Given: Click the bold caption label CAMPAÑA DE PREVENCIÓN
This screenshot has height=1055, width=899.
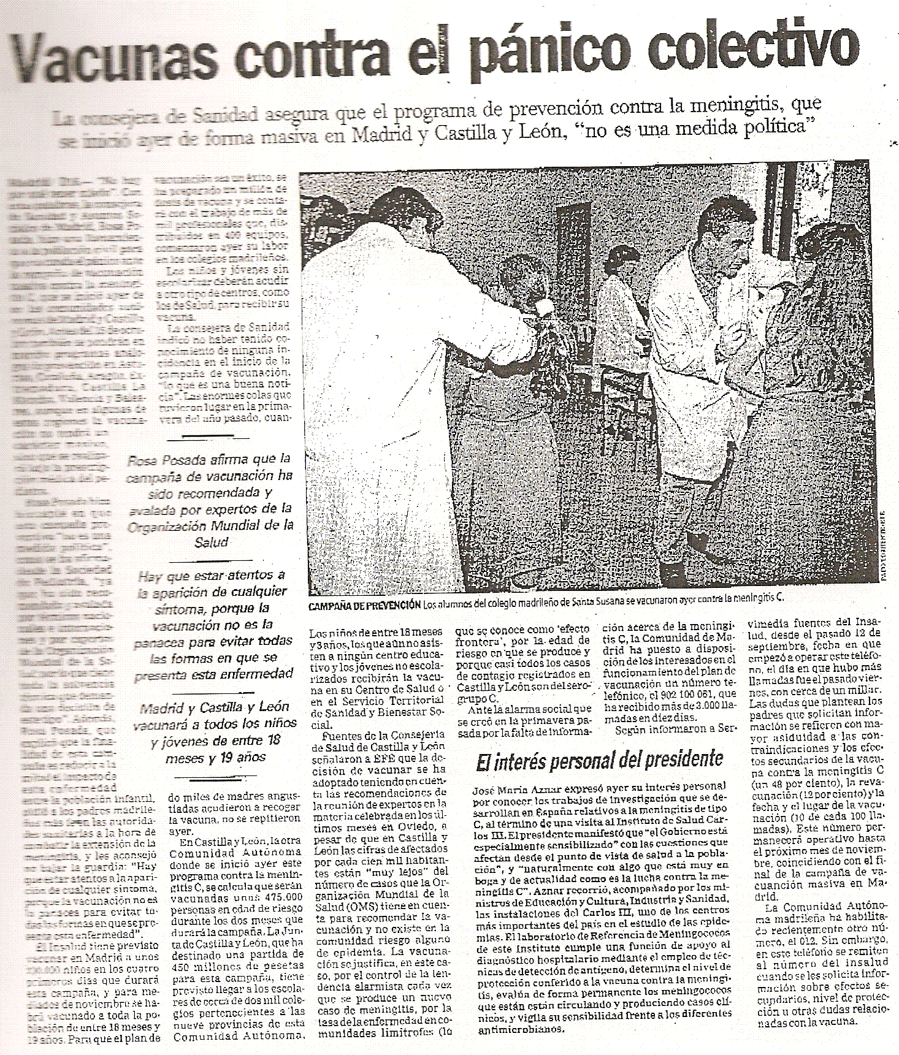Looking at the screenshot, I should (364, 605).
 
